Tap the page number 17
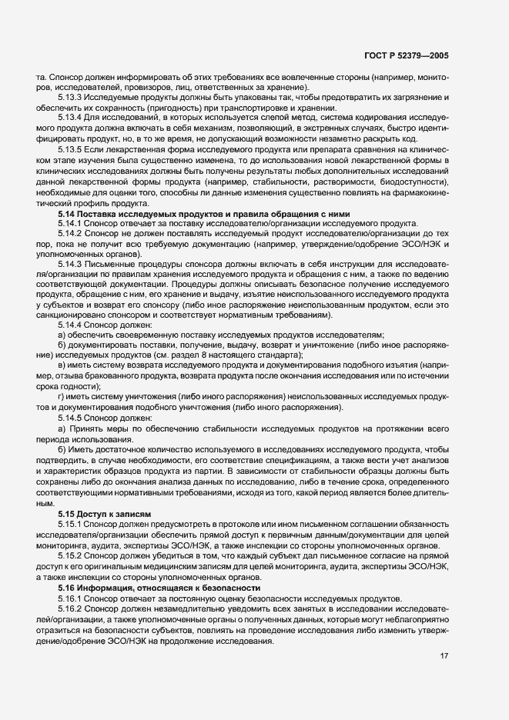pos(444,656)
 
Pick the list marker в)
pos(61,368)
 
